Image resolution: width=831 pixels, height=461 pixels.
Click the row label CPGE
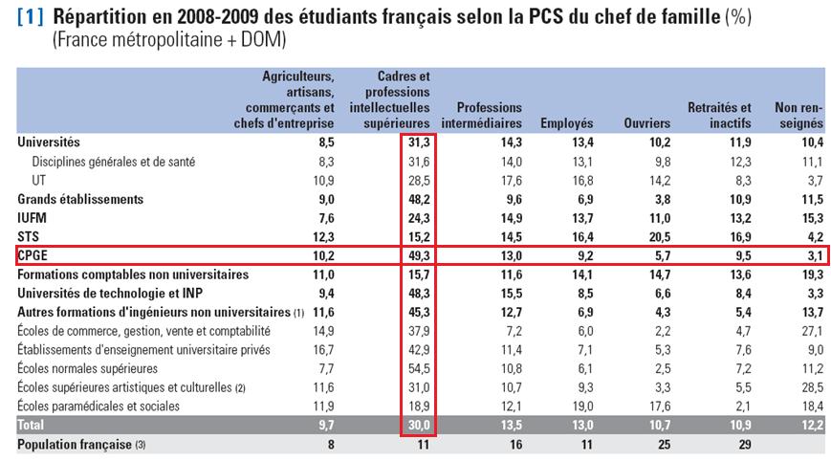pyautogui.click(x=34, y=255)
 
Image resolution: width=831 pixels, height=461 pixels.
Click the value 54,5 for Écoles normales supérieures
pyautogui.click(x=417, y=368)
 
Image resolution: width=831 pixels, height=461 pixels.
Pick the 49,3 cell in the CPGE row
pyautogui.click(x=417, y=255)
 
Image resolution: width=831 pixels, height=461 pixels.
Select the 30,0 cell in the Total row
pyautogui.click(x=417, y=425)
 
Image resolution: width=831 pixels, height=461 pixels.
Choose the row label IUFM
pyautogui.click(x=33, y=218)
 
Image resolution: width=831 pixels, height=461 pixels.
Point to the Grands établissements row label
pyautogui.click(x=80, y=199)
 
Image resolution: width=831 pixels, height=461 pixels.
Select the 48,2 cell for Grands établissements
pyautogui.click(x=417, y=199)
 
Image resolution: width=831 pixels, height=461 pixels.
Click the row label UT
pyautogui.click(x=39, y=180)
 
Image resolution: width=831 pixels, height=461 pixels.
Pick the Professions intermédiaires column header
pyautogui.click(x=481, y=115)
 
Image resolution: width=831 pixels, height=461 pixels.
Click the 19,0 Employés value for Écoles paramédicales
pyautogui.click(x=581, y=406)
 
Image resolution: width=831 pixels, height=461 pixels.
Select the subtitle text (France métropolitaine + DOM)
pyautogui.click(x=169, y=40)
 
